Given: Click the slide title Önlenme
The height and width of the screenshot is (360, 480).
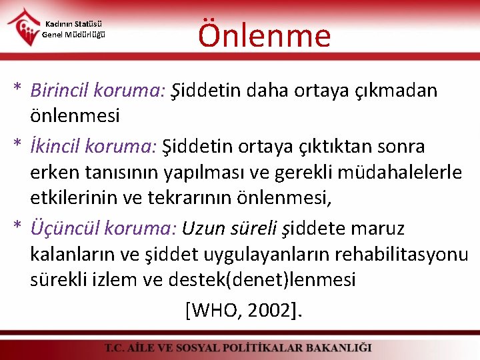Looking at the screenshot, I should coord(264,35).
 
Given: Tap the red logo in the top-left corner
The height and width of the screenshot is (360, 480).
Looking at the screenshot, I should coord(23,26).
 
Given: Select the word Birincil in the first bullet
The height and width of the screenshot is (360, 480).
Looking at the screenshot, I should coord(61,91).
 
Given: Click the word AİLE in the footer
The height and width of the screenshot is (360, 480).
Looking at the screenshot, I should coord(148,348).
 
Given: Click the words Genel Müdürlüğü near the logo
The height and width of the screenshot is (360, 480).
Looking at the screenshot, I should coord(74,35).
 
